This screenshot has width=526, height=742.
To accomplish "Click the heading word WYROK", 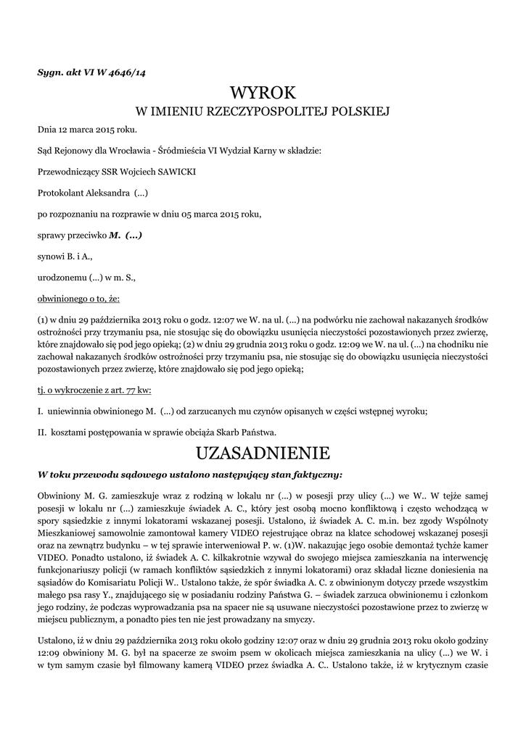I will (263, 93).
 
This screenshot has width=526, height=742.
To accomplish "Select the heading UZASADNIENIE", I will (263, 454).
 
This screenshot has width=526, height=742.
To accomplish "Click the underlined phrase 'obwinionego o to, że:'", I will (79, 298).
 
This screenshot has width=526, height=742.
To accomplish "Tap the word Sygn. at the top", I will (51, 71).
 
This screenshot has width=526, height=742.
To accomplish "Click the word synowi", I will (51, 256).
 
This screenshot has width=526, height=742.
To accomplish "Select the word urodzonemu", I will (60, 277).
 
